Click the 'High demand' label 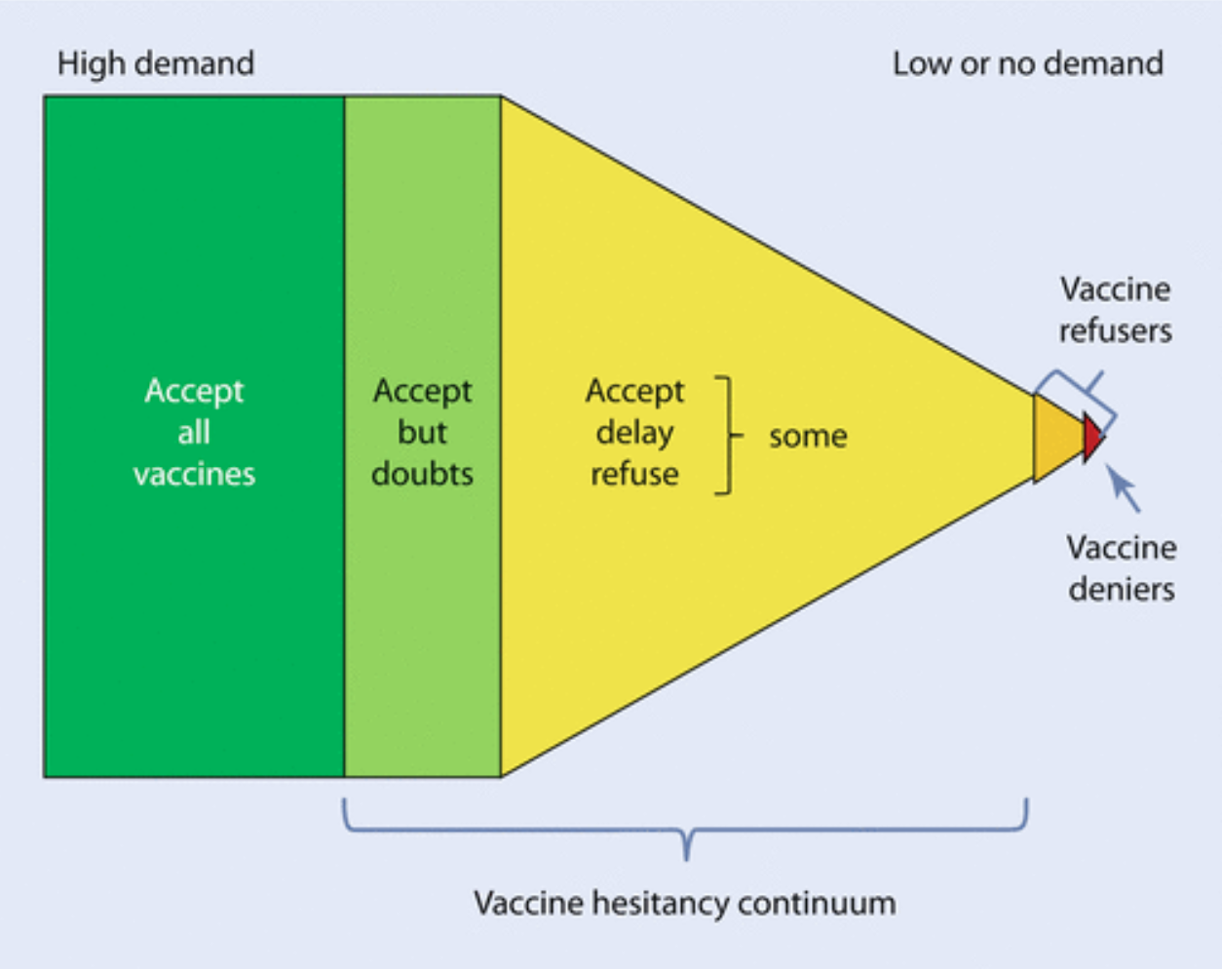click(x=156, y=64)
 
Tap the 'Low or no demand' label click(x=1027, y=64)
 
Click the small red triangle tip click(x=1092, y=438)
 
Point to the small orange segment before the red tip click(x=1056, y=438)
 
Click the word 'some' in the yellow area click(x=808, y=436)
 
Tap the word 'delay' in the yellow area click(x=634, y=432)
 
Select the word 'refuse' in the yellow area click(x=634, y=474)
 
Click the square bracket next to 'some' click(x=726, y=435)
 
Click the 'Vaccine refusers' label click(x=1115, y=310)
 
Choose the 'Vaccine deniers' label click(x=1121, y=568)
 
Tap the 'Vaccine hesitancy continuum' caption click(x=684, y=903)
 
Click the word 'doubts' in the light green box click(x=422, y=474)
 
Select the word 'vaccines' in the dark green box click(x=195, y=474)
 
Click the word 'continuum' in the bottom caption click(x=817, y=903)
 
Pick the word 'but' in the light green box click(x=422, y=432)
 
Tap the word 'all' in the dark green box click(x=194, y=432)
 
